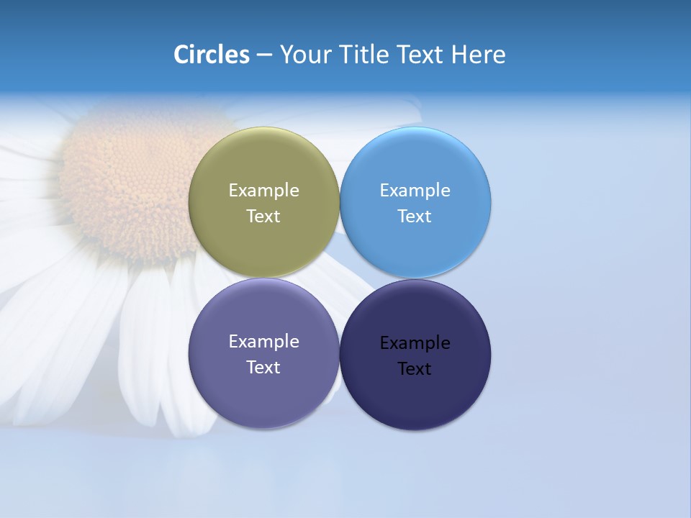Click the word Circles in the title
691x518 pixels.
(211, 55)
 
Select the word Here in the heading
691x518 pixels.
(478, 55)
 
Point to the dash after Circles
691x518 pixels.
(263, 55)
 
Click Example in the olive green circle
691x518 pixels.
(263, 191)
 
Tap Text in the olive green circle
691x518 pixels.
(263, 217)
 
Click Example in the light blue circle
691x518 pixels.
(415, 191)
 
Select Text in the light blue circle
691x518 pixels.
(415, 217)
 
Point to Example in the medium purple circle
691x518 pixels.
(263, 342)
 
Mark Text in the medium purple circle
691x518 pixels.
(263, 368)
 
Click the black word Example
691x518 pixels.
(415, 343)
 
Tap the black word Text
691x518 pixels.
(415, 369)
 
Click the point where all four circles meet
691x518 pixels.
(340, 278)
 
